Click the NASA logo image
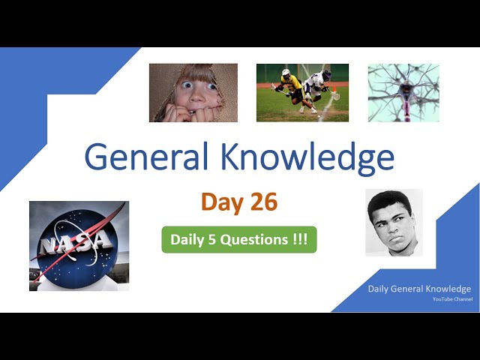pyautogui.click(x=79, y=245)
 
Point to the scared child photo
pyautogui.click(x=193, y=92)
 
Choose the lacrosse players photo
pyautogui.click(x=302, y=92)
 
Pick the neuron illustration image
pyautogui.click(x=403, y=92)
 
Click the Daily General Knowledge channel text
pyautogui.click(x=419, y=289)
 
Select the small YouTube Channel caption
pyautogui.click(x=452, y=299)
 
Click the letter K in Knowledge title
pyautogui.click(x=234, y=158)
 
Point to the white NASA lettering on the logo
pyautogui.click(x=77, y=242)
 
